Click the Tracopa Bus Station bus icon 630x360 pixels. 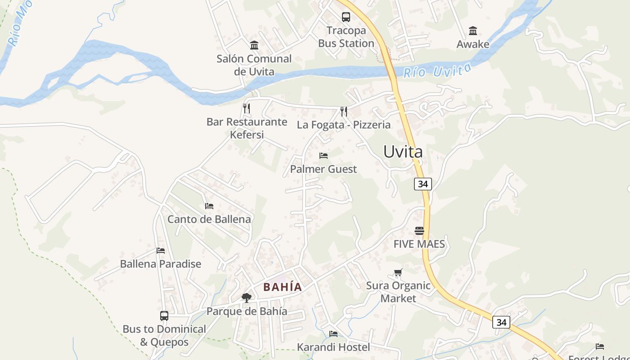(x=346, y=17)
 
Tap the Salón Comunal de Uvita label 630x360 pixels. (x=254, y=65)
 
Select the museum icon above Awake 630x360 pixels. (x=472, y=31)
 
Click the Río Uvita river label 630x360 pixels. (x=437, y=71)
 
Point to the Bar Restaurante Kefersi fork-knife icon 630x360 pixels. (x=246, y=108)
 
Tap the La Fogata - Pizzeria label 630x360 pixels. (x=343, y=125)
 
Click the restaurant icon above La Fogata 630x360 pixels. (x=343, y=111)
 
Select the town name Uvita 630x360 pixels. (x=403, y=152)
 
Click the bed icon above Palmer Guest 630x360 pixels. (x=323, y=156)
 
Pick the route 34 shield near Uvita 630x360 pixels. (x=423, y=184)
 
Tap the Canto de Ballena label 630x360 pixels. (x=209, y=219)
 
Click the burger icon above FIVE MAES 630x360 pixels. (x=419, y=231)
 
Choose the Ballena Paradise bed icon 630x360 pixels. (x=161, y=251)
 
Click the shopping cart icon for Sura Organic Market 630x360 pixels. (x=398, y=272)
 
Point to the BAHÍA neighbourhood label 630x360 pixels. (x=283, y=287)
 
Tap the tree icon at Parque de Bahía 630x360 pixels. (x=246, y=297)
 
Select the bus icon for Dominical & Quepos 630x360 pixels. (x=164, y=316)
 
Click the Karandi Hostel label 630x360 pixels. (x=333, y=347)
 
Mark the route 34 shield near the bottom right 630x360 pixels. (x=501, y=322)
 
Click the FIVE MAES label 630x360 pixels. (x=419, y=244)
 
